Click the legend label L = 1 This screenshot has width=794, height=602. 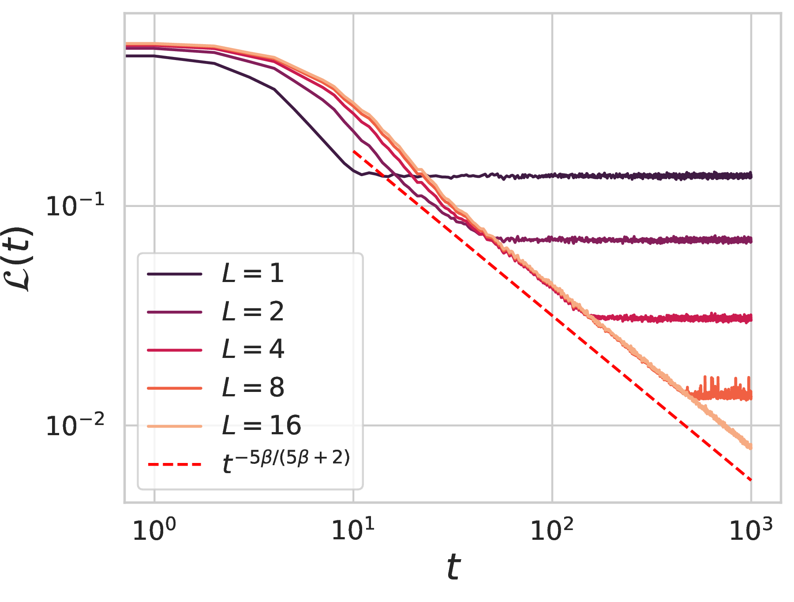[253, 274]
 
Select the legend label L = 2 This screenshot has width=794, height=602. [253, 312]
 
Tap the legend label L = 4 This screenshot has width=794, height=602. [253, 350]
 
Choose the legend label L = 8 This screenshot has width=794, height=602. [253, 388]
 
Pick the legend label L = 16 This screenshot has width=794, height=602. [261, 425]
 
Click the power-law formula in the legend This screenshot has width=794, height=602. [286, 462]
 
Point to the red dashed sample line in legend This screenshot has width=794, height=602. [175, 464]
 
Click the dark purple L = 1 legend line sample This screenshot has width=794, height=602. [175, 274]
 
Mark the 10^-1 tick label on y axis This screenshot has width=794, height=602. [75, 206]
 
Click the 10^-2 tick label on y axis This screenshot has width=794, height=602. [75, 425]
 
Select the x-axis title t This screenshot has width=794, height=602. [453, 568]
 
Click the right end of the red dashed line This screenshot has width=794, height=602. [751, 479]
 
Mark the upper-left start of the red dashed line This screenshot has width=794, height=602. [354, 151]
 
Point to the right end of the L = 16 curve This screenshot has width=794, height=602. [750, 447]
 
